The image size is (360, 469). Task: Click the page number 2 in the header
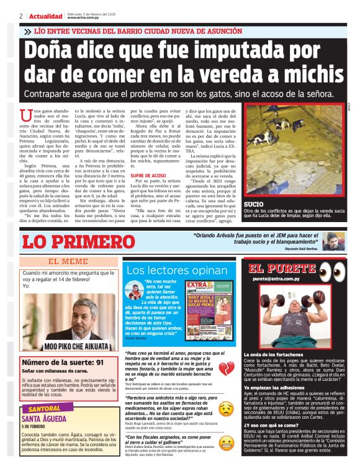pyautogui.click(x=21, y=16)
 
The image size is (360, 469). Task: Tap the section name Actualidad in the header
pyautogui.click(x=45, y=16)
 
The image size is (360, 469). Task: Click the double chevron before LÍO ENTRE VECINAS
pyautogui.click(x=27, y=30)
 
